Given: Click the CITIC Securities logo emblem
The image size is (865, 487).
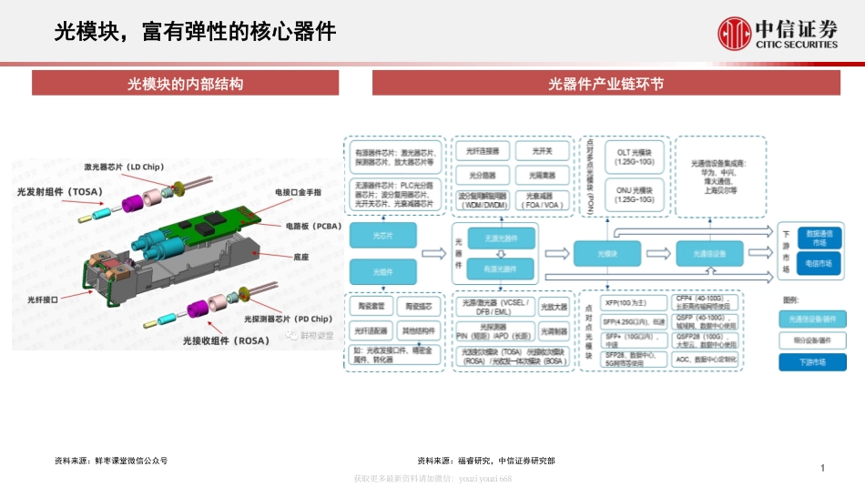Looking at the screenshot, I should [x=734, y=34].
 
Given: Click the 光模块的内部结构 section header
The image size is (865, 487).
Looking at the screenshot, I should [x=185, y=85].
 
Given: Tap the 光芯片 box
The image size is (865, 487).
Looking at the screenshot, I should [x=382, y=236].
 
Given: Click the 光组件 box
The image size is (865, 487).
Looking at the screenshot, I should [x=382, y=271].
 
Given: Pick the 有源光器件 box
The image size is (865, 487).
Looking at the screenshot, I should [x=500, y=269].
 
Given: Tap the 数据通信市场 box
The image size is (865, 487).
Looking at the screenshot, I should [x=819, y=237].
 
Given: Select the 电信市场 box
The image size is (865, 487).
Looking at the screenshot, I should [x=819, y=263].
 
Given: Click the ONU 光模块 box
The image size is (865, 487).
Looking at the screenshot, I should [x=635, y=194].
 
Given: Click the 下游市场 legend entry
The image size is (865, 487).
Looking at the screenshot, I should [x=812, y=361].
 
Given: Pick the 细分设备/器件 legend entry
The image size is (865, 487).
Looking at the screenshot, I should [x=812, y=340].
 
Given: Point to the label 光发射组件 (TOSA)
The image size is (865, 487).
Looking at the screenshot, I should [x=59, y=192].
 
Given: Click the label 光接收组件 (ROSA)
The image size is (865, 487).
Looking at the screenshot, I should [x=221, y=340].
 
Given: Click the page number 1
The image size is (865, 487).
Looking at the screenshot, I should [x=822, y=468].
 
